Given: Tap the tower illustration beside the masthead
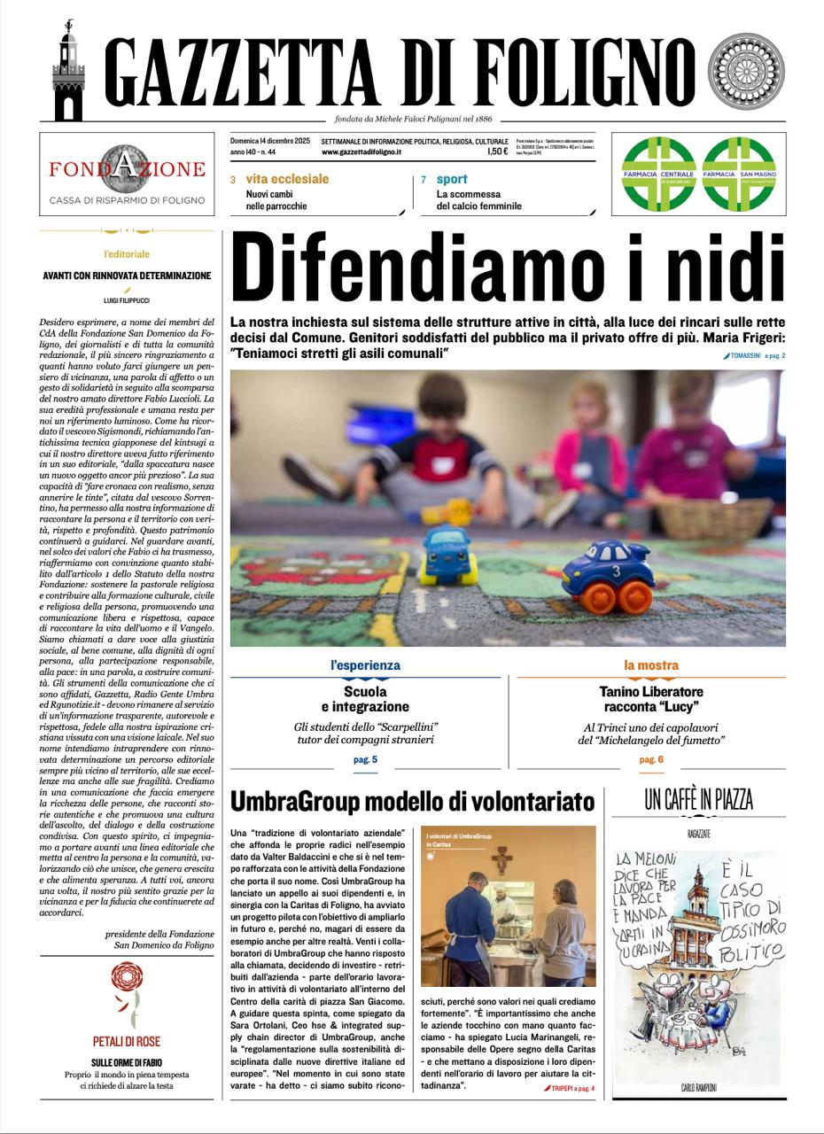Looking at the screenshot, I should (x=68, y=73).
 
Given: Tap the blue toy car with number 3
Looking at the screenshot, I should (x=604, y=577).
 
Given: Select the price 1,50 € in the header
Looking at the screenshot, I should (x=497, y=152).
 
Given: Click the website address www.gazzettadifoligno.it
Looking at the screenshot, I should (x=361, y=152).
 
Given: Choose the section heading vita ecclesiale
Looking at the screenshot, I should (x=287, y=179).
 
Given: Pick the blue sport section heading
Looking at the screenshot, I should (x=452, y=179).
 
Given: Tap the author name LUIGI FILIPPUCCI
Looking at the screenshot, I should (x=127, y=301).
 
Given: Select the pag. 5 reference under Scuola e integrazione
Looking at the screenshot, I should (x=365, y=759).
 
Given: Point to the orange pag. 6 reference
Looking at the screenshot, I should (x=650, y=759).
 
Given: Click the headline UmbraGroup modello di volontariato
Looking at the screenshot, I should (x=412, y=802).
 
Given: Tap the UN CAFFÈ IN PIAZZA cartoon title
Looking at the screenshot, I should (x=698, y=800).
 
